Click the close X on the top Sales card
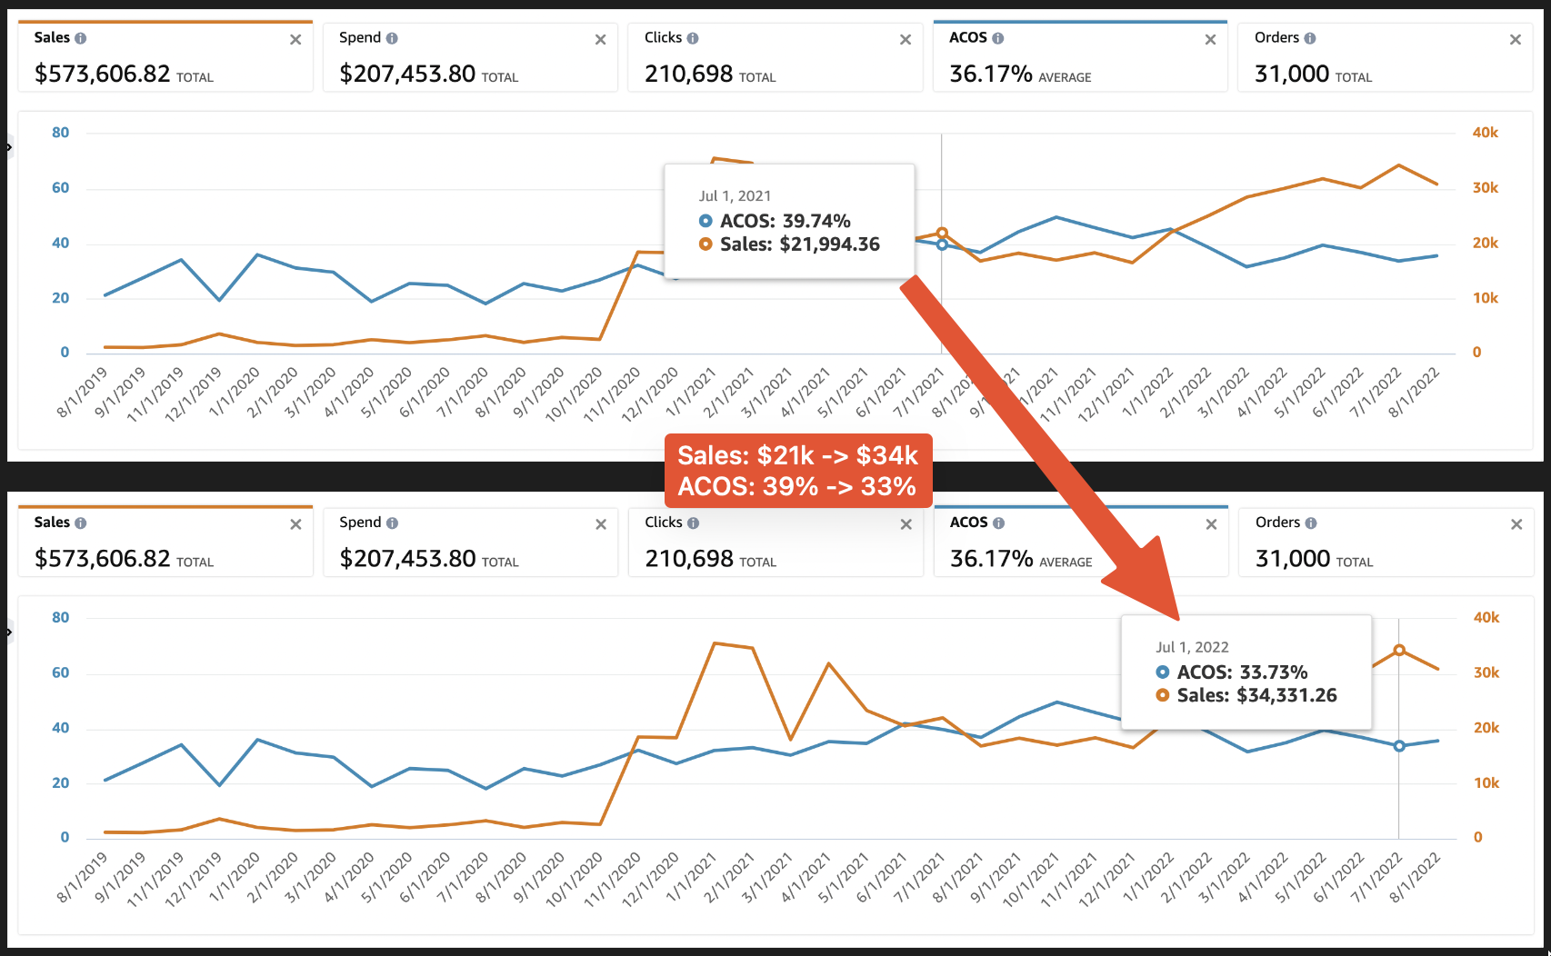click(295, 40)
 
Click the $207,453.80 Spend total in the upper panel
click(407, 74)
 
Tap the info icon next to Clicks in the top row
click(693, 38)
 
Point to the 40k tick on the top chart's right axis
click(1485, 133)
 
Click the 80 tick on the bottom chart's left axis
click(60, 618)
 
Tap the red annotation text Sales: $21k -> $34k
click(797, 455)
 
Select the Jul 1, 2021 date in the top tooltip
click(735, 196)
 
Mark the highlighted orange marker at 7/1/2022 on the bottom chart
click(1399, 651)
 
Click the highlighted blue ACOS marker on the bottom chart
click(1399, 746)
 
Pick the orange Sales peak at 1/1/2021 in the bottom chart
click(715, 643)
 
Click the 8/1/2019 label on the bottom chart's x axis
click(82, 878)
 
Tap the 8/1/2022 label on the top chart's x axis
click(1414, 393)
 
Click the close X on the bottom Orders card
click(1516, 524)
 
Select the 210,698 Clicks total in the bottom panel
click(688, 558)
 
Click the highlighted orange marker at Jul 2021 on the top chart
click(942, 234)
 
